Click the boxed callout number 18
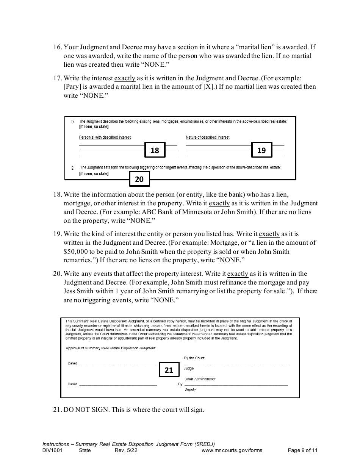pos(155,150)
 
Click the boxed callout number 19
pos(261,150)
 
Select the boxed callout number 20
pos(139,179)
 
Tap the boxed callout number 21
pos(169,370)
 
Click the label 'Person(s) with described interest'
pos(105,137)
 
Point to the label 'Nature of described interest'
pos(207,137)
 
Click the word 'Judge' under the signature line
pos(189,368)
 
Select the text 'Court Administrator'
pos(200,379)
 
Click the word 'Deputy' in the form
pos(190,389)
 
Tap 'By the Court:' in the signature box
pos(194,358)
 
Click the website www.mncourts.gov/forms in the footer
pos(232,450)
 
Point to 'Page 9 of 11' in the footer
pos(302,450)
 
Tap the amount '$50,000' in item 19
pos(76,252)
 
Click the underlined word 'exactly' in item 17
pos(125,78)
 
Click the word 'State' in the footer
pos(85,450)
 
